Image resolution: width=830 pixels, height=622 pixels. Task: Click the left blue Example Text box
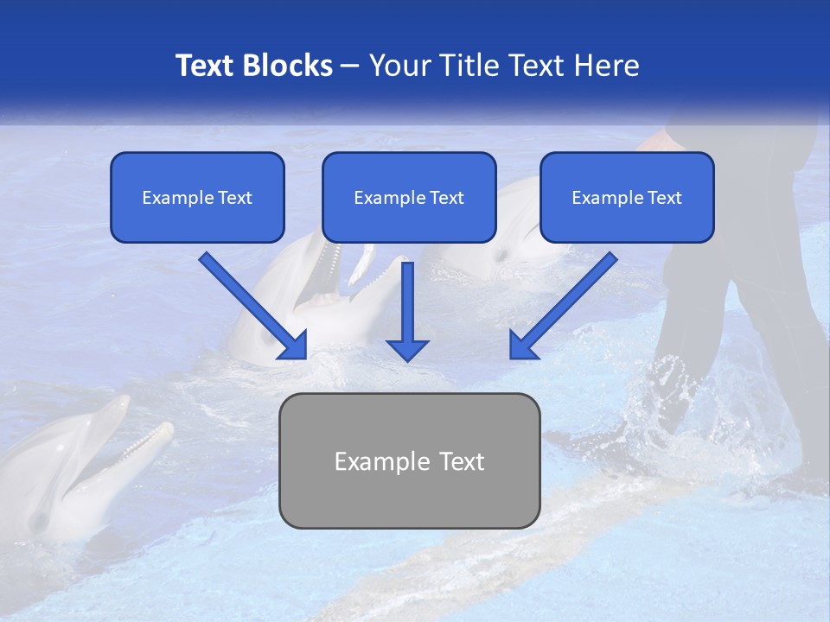[x=197, y=197]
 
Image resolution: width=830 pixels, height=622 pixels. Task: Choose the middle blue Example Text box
[x=409, y=197]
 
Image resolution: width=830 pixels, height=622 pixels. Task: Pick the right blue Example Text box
[x=627, y=197]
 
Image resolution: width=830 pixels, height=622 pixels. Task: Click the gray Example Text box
[x=409, y=460]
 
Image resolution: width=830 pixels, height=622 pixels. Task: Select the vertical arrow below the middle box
[x=407, y=311]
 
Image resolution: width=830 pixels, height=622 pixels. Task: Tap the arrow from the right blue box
[x=563, y=305]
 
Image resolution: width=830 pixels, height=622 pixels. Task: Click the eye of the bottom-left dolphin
[x=38, y=521]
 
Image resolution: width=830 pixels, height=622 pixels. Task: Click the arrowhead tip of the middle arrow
[x=407, y=359]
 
